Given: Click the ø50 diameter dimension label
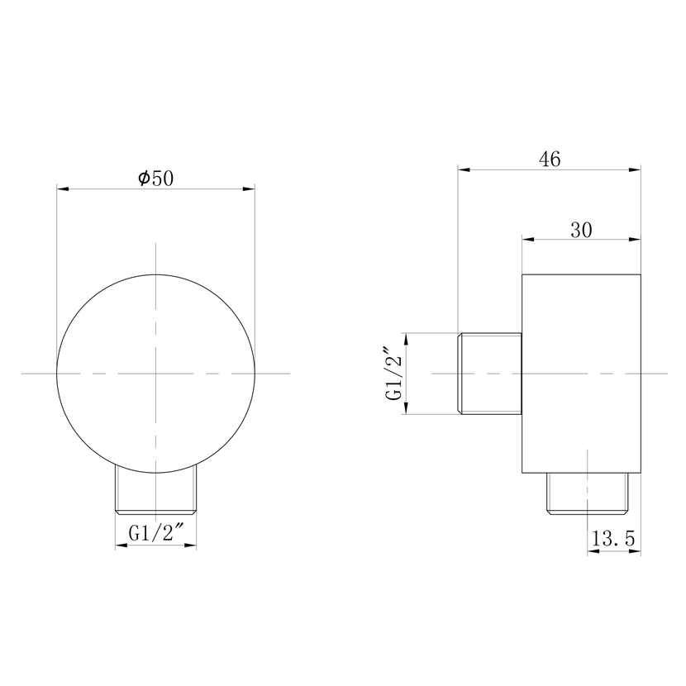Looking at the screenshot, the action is point(155,178).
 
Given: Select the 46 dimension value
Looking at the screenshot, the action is point(550,160).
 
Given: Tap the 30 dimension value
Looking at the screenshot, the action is point(581,230).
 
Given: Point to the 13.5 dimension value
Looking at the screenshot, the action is point(613,539).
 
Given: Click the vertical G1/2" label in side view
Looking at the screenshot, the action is point(393,374).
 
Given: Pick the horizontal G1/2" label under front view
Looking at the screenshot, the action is point(155,533).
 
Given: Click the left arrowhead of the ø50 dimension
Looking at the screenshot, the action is point(63,188).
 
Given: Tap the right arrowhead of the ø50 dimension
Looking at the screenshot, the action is point(249,188).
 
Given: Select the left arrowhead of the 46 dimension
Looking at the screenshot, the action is point(464,169).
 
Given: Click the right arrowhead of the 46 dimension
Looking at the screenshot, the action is point(635,169).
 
